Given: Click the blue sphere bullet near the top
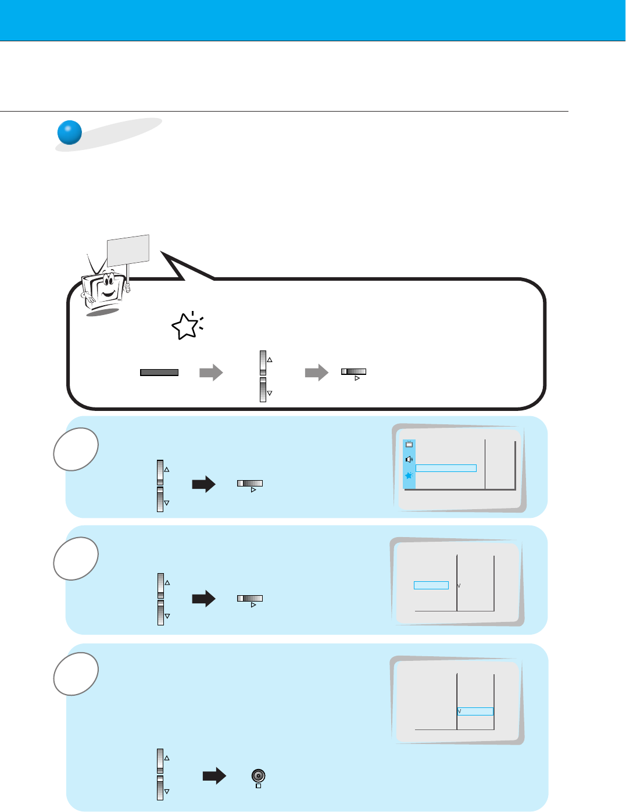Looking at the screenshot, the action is (69, 133).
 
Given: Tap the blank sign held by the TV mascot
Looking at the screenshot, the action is (128, 249).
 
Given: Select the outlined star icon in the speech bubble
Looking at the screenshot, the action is (185, 327).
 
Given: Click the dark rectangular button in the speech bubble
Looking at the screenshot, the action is (159, 373).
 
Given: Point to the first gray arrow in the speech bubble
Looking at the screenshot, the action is (211, 373).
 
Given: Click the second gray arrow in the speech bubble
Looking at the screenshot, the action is (317, 373).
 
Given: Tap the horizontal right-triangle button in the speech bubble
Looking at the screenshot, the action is (354, 372).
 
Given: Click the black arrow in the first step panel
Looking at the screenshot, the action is (203, 484).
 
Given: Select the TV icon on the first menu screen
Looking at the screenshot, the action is (409, 445).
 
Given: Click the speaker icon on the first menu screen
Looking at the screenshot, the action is (409, 459).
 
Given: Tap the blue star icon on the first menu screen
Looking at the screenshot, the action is (409, 475).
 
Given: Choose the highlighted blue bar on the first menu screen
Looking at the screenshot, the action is (446, 468).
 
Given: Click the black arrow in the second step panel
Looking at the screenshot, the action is (203, 599).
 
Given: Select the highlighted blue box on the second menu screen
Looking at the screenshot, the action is (431, 585).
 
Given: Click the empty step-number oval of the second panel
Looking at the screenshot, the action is (76, 559).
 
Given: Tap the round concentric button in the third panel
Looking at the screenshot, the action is (259, 775).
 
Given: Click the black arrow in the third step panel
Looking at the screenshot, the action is (214, 776).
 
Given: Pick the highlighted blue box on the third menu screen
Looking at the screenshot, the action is (475, 711).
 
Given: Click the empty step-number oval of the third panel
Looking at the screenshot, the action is (76, 674).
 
